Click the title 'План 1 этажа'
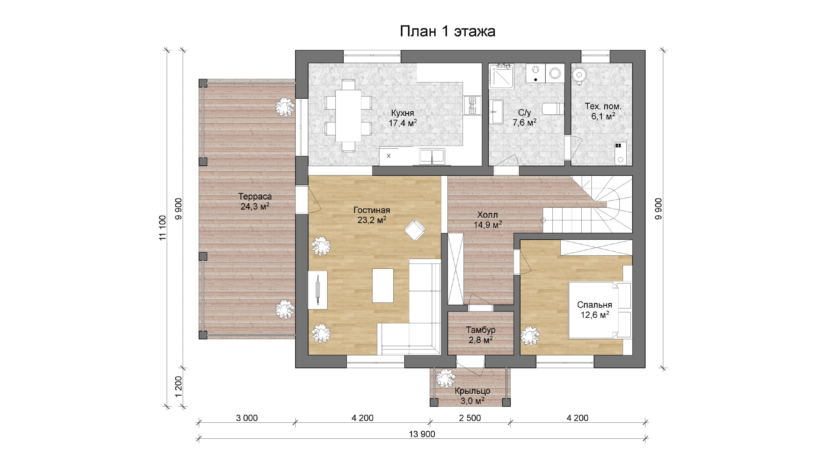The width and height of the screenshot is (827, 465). [x=447, y=31]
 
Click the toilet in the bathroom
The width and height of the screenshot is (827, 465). [x=553, y=108]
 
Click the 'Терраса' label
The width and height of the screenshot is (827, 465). [x=255, y=196]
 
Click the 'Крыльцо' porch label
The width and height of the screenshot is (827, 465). [x=472, y=391]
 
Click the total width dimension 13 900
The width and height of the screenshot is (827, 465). [x=422, y=434]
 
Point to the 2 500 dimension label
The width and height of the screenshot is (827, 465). [x=470, y=418]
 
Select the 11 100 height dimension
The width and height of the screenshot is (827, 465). [x=163, y=228]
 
